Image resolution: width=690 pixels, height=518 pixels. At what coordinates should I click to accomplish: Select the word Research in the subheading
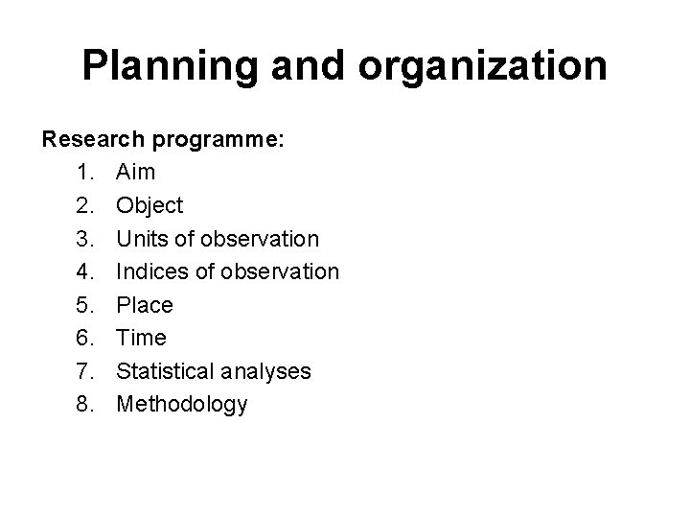coord(91,140)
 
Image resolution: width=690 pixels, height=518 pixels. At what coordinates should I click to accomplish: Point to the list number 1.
coord(80,173)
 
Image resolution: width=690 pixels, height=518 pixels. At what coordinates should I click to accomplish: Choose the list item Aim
coord(136,173)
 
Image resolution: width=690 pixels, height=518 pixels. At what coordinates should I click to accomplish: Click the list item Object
coord(150,206)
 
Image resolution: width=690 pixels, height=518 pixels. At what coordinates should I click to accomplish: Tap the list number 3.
coord(80,239)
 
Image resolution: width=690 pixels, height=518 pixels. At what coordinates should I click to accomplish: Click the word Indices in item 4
coord(154,272)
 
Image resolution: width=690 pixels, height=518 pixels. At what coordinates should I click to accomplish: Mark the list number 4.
coord(80,272)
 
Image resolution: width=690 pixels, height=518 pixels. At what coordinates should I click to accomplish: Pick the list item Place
coord(145,305)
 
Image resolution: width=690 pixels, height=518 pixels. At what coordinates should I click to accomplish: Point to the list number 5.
coord(80,305)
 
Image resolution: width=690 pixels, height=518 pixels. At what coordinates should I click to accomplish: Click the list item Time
coord(141,338)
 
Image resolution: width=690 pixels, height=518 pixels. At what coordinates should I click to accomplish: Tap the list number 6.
coord(80,338)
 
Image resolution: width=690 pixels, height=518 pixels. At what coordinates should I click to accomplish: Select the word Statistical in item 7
coord(168,371)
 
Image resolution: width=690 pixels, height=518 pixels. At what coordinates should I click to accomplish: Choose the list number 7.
coord(80,371)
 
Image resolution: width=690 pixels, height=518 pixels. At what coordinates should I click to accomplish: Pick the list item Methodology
coord(182,405)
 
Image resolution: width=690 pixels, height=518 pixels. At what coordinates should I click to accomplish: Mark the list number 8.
coord(80,404)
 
